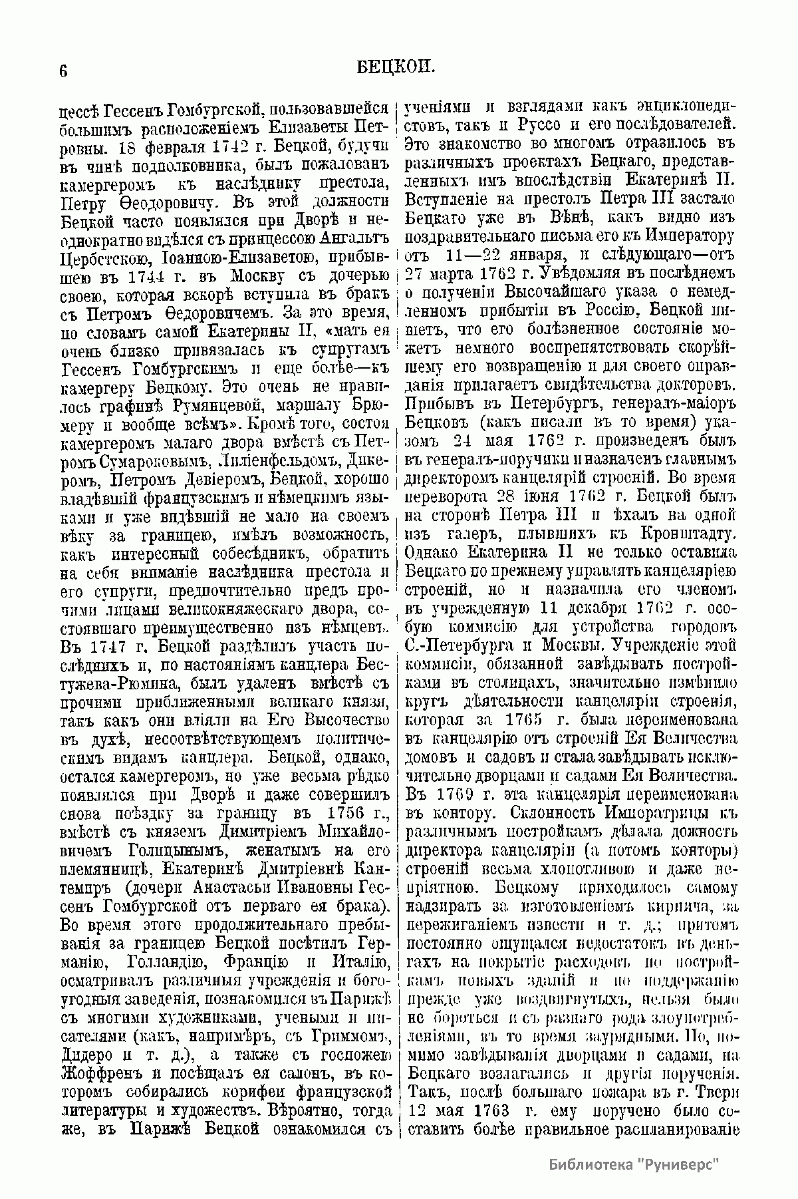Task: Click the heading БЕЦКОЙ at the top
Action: [397, 67]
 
